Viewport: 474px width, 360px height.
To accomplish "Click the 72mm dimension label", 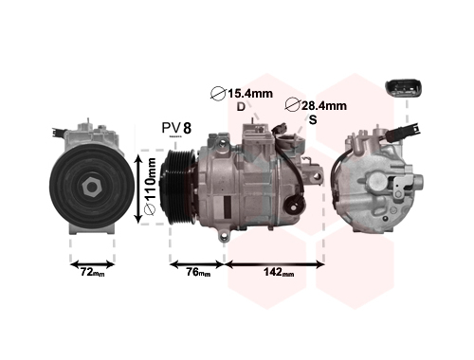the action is pyautogui.click(x=92, y=272).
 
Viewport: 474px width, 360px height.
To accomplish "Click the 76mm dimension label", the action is pyautogui.click(x=198, y=272).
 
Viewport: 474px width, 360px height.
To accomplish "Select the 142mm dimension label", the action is pyautogui.click(x=279, y=272).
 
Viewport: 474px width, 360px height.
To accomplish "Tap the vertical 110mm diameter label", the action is pyautogui.click(x=150, y=187).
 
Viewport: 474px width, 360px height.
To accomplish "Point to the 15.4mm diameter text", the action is pyautogui.click(x=250, y=94).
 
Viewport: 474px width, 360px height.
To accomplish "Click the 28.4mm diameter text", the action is pyautogui.click(x=324, y=105).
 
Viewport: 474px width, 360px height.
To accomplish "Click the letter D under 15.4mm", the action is pyautogui.click(x=241, y=107).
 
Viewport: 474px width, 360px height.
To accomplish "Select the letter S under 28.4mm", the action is pyautogui.click(x=313, y=119).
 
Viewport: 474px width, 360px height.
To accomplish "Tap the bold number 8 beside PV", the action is pyautogui.click(x=187, y=128).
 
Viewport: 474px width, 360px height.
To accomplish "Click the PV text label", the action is pyautogui.click(x=171, y=128).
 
